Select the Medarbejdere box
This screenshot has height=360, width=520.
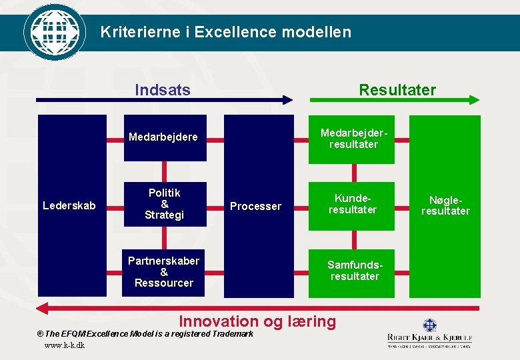point(163,138)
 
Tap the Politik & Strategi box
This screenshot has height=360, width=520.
point(164,204)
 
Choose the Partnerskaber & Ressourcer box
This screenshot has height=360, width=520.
point(163,272)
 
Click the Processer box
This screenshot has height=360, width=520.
point(258,206)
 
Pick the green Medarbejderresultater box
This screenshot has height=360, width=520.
point(352,139)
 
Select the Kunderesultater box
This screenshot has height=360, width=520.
point(352,205)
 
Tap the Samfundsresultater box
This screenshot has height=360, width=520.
point(352,271)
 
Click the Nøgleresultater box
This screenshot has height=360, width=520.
point(445,206)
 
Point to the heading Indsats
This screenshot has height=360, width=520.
point(163,90)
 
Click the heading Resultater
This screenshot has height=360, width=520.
point(397,90)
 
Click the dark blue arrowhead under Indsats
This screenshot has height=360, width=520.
point(287,100)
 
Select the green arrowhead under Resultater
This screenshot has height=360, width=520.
point(473,100)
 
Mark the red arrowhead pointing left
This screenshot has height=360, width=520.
point(42,308)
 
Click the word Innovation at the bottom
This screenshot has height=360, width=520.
point(218,321)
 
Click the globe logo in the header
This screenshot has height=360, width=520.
point(55,31)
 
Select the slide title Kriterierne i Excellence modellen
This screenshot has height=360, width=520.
point(225,31)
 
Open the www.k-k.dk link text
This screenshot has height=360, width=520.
point(64,345)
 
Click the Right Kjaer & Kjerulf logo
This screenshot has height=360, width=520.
point(429,333)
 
